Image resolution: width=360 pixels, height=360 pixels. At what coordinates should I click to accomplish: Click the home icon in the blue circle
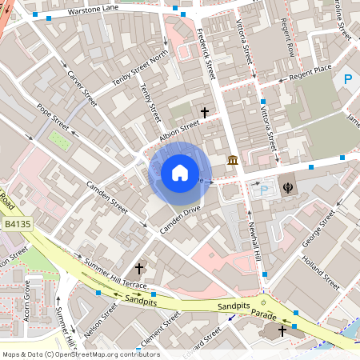pyautogui.click(x=180, y=172)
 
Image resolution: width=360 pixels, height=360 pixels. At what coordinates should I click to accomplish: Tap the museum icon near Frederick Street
pyautogui.click(x=232, y=162)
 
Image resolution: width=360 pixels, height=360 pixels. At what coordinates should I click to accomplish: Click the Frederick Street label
pyautogui.click(x=206, y=55)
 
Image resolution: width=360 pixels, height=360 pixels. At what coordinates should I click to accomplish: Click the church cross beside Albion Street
pyautogui.click(x=205, y=113)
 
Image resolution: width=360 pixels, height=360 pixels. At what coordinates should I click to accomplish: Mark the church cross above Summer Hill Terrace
pyautogui.click(x=139, y=268)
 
